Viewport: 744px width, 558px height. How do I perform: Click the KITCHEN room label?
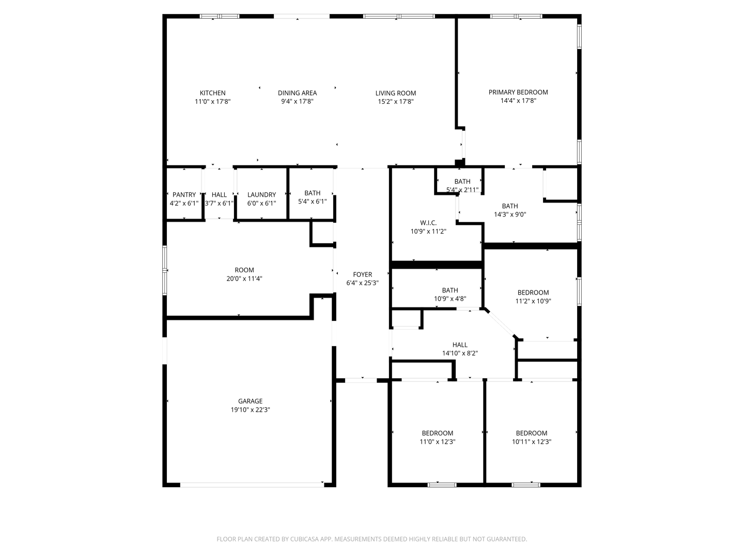pyautogui.click(x=212, y=93)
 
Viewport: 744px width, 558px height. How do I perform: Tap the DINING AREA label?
pyautogui.click(x=297, y=93)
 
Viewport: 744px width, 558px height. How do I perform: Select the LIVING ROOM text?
pyautogui.click(x=395, y=93)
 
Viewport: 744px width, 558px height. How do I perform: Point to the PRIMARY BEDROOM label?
pyautogui.click(x=518, y=92)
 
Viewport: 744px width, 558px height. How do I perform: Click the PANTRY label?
pyautogui.click(x=184, y=195)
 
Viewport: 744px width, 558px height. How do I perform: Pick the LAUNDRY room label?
pyautogui.click(x=261, y=195)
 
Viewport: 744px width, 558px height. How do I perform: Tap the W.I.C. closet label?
pyautogui.click(x=428, y=223)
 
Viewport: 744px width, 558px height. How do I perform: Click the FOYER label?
pyautogui.click(x=362, y=274)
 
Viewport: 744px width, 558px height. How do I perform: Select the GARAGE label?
pyautogui.click(x=250, y=401)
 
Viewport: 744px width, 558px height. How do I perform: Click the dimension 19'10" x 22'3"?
pyautogui.click(x=250, y=410)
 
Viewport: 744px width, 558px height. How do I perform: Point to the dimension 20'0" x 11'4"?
pyautogui.click(x=244, y=278)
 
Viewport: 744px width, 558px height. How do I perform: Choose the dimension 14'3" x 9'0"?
pyautogui.click(x=509, y=214)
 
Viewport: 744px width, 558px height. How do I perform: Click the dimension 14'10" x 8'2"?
pyautogui.click(x=459, y=353)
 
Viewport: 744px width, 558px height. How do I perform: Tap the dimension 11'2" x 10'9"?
pyautogui.click(x=533, y=301)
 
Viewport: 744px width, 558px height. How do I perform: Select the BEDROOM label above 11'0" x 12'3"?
pyautogui.click(x=437, y=433)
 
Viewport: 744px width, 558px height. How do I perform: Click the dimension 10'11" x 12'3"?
pyautogui.click(x=531, y=442)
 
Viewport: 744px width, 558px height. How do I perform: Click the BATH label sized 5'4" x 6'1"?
pyautogui.click(x=312, y=193)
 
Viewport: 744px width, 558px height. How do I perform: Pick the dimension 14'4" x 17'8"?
pyautogui.click(x=518, y=101)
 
